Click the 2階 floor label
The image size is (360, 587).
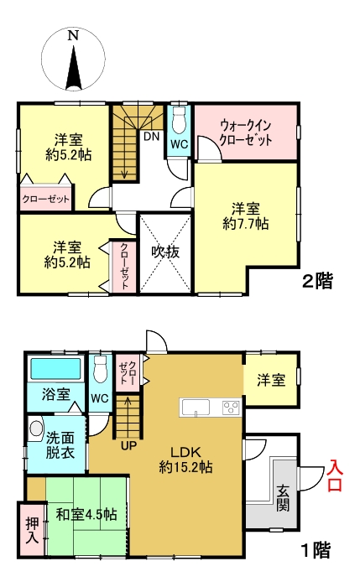(317, 283)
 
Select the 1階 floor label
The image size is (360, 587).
(316, 550)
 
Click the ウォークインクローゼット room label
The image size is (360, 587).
(246, 132)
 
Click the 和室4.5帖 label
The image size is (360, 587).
(86, 513)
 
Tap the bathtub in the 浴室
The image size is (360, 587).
(55, 369)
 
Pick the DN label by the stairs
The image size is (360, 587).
(152, 136)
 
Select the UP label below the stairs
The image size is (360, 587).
(128, 444)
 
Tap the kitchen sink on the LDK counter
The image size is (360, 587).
(196, 408)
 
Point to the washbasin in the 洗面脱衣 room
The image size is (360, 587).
(35, 429)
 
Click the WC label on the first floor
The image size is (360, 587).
(99, 397)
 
